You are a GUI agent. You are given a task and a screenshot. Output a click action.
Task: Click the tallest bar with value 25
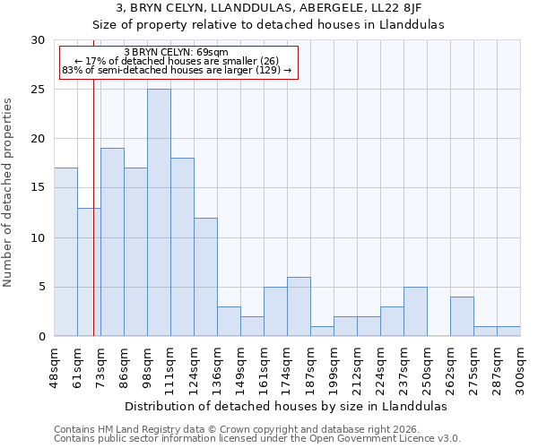click(159, 212)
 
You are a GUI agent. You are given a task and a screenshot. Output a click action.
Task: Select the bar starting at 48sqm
click(65, 252)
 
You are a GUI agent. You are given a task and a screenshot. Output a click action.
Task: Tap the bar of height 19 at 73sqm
click(112, 242)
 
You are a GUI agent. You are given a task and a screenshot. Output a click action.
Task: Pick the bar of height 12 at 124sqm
click(205, 277)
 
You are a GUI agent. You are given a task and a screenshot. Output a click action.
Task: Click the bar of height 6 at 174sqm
click(299, 306)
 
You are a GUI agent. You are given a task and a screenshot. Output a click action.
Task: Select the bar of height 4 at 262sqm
click(462, 316)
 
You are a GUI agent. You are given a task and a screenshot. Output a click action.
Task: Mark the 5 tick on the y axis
click(40, 287)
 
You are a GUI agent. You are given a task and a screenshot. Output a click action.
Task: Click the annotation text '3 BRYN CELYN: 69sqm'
click(176, 53)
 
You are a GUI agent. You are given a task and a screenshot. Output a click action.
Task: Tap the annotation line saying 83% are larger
click(176, 70)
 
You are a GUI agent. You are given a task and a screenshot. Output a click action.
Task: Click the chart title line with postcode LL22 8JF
click(269, 9)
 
